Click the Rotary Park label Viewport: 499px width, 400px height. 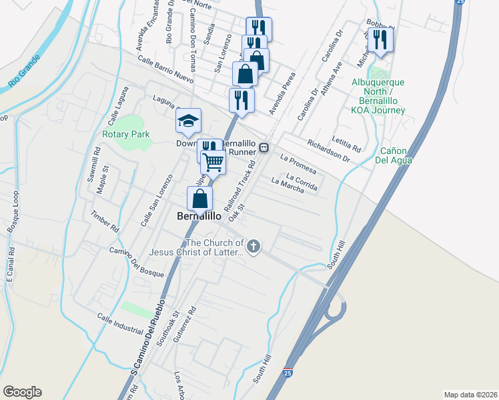point(125,134)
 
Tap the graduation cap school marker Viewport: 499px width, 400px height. point(188,120)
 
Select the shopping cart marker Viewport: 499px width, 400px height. point(213,161)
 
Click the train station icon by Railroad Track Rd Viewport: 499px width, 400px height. point(264,147)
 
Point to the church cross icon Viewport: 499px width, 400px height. point(253,247)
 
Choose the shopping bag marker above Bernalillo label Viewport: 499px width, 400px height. point(200,198)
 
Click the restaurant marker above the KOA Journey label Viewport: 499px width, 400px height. point(380,39)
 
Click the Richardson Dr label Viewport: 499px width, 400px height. point(328,151)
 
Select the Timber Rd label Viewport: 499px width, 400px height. point(104,222)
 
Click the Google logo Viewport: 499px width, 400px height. point(22,392)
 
